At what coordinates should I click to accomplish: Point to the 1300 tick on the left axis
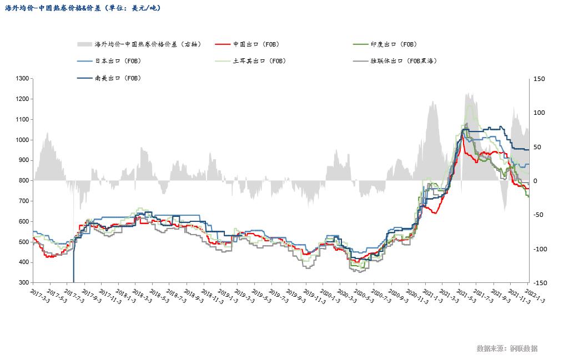22,79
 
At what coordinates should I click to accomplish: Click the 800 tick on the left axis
23,181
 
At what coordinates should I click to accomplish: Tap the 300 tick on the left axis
23,283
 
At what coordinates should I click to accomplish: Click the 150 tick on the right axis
539,79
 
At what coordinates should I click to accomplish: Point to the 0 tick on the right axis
535,181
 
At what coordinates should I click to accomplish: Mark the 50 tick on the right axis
537,147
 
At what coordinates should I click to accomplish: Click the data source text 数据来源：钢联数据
506,348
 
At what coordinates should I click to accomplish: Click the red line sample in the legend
222,44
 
